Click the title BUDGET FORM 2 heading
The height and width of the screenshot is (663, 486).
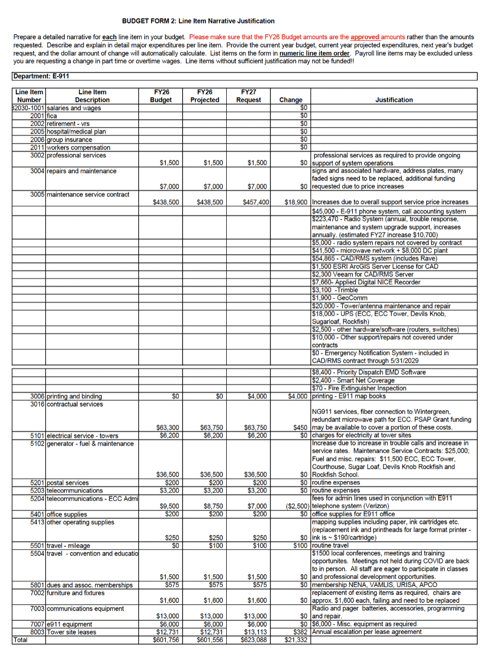pos(198,21)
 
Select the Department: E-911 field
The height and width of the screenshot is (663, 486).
pos(41,76)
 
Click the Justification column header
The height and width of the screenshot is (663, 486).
pos(393,100)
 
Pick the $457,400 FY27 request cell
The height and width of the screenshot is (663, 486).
pos(256,202)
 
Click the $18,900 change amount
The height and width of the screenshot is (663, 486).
pos(295,202)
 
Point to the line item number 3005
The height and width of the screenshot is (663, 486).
pos(37,195)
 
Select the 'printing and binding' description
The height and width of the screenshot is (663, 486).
pos(74,396)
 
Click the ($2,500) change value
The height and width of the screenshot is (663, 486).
pos(297,506)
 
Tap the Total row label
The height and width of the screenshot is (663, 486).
pos(21,640)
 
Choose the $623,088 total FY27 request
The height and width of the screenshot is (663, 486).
pos(254,640)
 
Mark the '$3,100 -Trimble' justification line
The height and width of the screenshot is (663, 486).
pos(335,290)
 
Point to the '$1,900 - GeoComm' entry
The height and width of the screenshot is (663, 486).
pos(340,298)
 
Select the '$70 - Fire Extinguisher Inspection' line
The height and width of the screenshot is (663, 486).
pos(359,388)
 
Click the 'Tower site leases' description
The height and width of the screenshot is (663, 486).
pos(71,632)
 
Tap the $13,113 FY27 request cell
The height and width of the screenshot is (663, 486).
pos(256,632)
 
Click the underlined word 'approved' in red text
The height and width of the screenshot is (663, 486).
pos(364,37)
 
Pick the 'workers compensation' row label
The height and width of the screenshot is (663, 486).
pos(78,148)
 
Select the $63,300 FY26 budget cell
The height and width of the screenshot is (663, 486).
pos(167,428)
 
